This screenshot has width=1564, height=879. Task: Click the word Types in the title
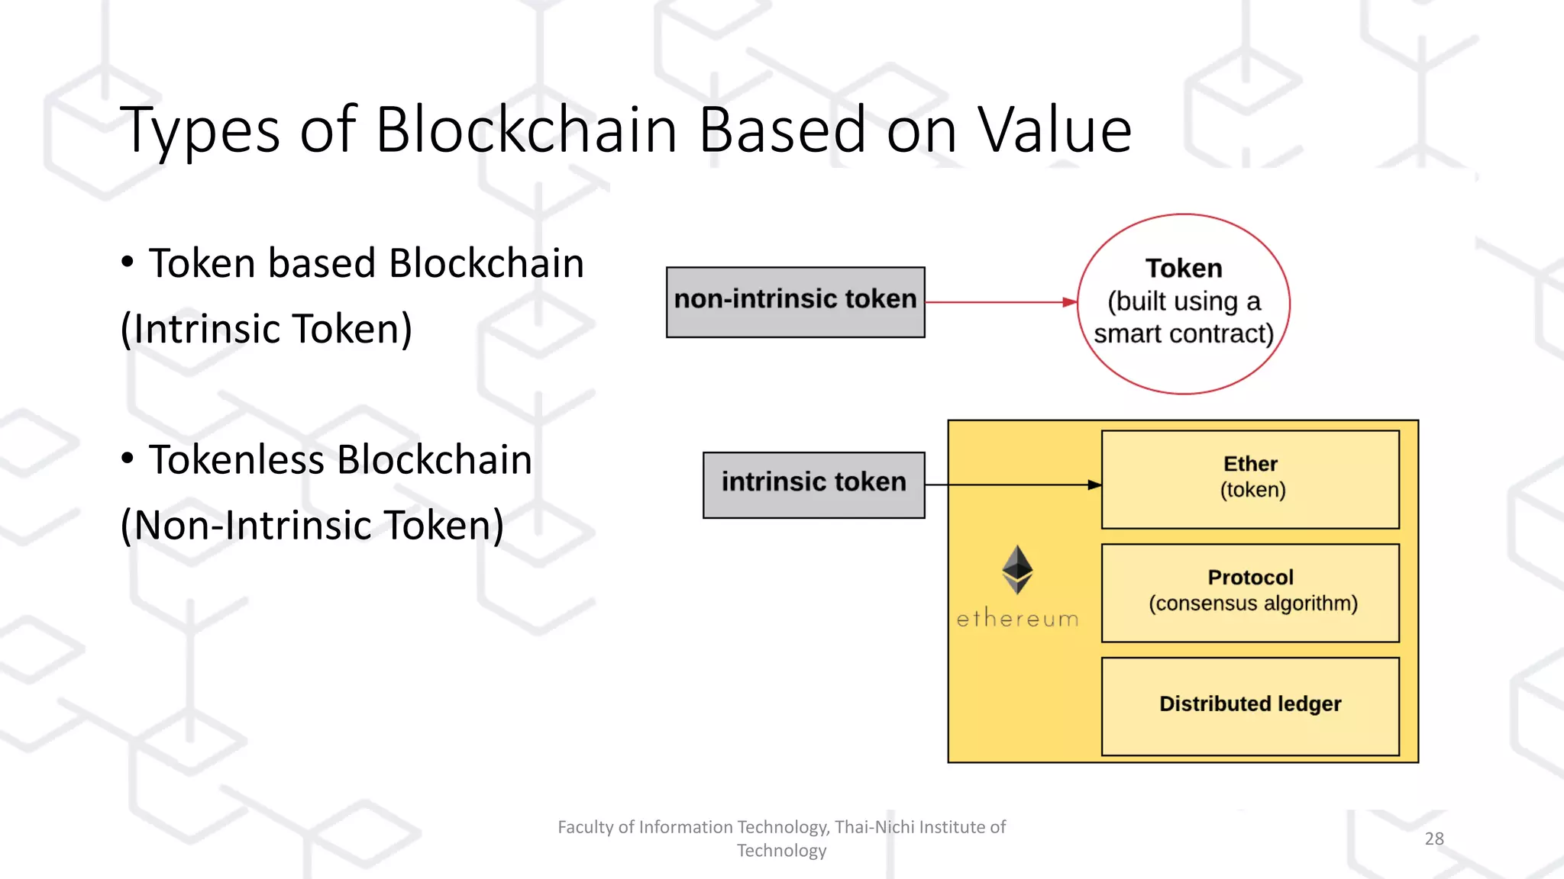click(x=200, y=130)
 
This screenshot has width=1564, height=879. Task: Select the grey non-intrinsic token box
click(x=795, y=302)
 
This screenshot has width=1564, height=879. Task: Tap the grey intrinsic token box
click(x=813, y=485)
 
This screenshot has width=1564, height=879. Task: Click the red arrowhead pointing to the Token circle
click(x=1070, y=302)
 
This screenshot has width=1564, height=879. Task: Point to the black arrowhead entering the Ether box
click(x=1094, y=485)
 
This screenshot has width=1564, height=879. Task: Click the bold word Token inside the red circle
click(x=1184, y=269)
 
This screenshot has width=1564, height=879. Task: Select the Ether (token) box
click(x=1250, y=478)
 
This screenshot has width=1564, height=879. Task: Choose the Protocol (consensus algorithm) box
click(x=1250, y=592)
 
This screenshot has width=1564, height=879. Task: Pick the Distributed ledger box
click(x=1250, y=705)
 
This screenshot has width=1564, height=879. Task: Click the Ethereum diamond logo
click(x=1017, y=569)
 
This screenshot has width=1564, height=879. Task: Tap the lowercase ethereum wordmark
click(x=1017, y=619)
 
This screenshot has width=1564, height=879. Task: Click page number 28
click(x=1434, y=839)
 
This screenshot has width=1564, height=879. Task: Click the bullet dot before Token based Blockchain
click(x=128, y=262)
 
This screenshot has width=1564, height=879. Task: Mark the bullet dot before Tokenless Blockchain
click(x=128, y=458)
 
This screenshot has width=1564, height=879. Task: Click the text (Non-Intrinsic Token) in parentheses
click(x=312, y=525)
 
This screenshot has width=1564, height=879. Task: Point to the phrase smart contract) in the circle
click(x=1184, y=334)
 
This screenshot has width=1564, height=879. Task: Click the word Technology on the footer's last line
click(x=781, y=851)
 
